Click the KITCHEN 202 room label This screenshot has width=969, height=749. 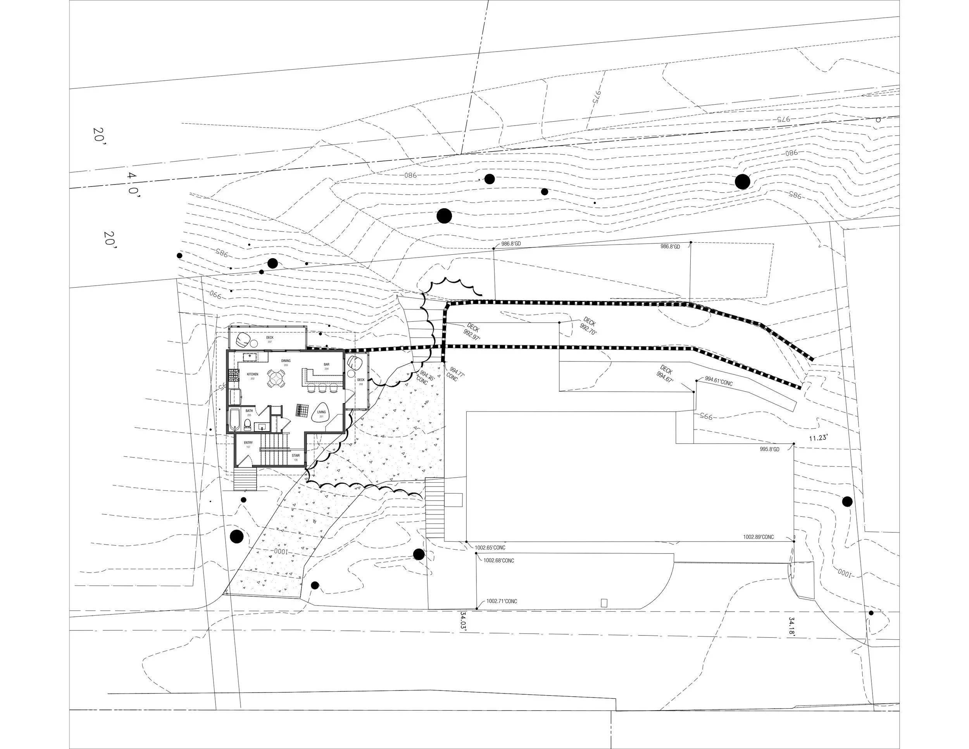tap(252, 376)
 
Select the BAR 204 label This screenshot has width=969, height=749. tap(326, 366)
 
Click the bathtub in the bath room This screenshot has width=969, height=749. tap(234, 419)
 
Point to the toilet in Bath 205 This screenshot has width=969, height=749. tap(248, 425)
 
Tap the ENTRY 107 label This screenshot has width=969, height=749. tap(248, 444)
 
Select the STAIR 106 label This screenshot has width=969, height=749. tap(295, 457)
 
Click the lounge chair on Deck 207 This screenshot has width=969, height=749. tap(243, 340)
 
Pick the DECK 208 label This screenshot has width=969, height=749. tap(361, 381)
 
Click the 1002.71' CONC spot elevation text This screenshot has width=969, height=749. tap(502, 601)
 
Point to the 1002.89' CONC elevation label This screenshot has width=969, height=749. tap(758, 537)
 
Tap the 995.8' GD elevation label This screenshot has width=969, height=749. tap(769, 449)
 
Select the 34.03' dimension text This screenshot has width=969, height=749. tap(463, 623)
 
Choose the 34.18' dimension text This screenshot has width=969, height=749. tap(791, 626)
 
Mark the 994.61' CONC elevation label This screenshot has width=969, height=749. tap(719, 381)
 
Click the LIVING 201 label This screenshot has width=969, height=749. tap(321, 413)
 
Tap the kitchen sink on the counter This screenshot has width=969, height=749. tap(250, 356)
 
